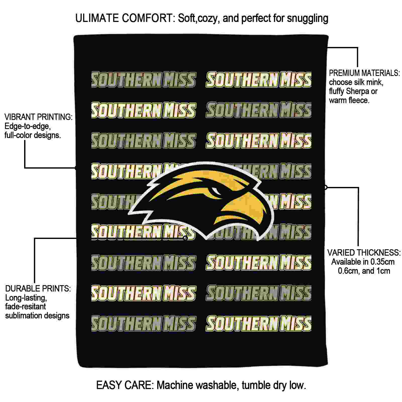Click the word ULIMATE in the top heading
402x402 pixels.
pyautogui.click(x=97, y=18)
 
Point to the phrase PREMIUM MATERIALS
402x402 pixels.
pyautogui.click(x=364, y=73)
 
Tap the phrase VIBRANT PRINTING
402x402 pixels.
pyautogui.click(x=38, y=117)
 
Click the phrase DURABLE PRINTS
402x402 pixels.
pyautogui.click(x=38, y=288)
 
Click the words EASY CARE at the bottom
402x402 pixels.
pyautogui.click(x=124, y=385)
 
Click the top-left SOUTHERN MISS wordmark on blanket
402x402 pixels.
pyautogui.click(x=143, y=80)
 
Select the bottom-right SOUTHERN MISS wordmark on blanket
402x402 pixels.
pyautogui.click(x=259, y=323)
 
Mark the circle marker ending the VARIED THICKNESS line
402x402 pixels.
pyautogui.click(x=326, y=187)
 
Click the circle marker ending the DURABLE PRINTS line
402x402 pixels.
pyautogui.click(x=185, y=238)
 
